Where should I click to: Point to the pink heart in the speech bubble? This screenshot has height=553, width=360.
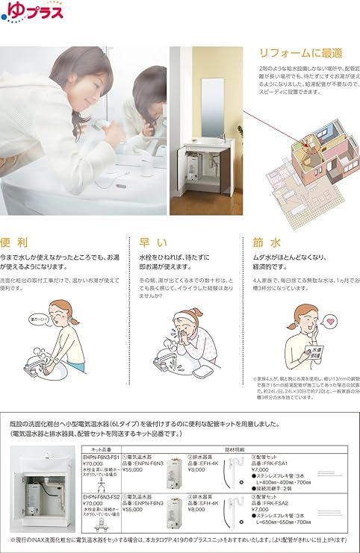point(332,322)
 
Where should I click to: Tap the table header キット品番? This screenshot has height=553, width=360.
point(101,441)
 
